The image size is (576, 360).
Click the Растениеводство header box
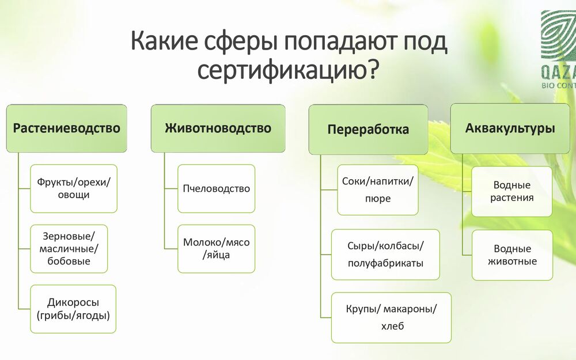click(x=66, y=128)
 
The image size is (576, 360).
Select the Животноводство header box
click(x=218, y=128)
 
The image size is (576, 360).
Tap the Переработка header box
click(x=368, y=129)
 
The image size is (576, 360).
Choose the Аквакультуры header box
click(x=510, y=128)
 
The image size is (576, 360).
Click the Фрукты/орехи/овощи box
click(x=74, y=188)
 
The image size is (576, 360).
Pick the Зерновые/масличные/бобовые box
click(x=69, y=249)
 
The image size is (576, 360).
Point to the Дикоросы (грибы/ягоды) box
click(x=73, y=309)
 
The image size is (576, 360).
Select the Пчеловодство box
click(x=217, y=188)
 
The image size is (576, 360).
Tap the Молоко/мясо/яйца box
click(x=217, y=249)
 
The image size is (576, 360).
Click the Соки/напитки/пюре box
click(x=378, y=190)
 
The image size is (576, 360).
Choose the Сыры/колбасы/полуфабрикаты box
click(x=385, y=255)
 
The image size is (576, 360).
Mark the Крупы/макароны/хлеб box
click(x=391, y=317)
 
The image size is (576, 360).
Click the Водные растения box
click(x=511, y=191)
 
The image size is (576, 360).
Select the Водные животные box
click(x=512, y=255)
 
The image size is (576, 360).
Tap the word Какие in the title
click(x=164, y=41)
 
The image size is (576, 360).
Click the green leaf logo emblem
click(x=558, y=35)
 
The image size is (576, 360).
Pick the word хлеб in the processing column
click(x=392, y=326)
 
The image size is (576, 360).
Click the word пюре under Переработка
click(x=378, y=199)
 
